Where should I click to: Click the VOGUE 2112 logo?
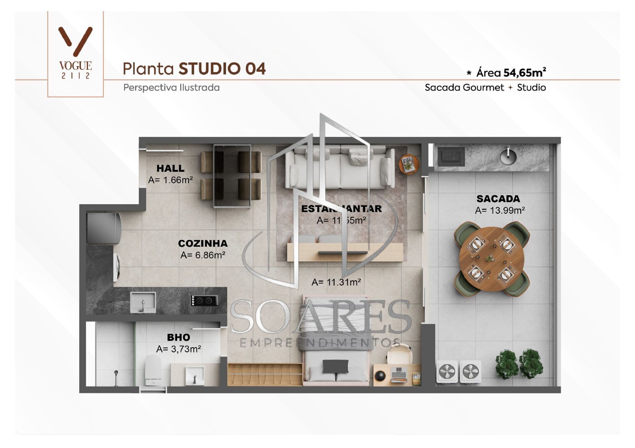(x=75, y=53)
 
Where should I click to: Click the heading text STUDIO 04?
(x=222, y=69)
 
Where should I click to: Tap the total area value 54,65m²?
(x=524, y=72)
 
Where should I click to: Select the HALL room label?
(x=170, y=168)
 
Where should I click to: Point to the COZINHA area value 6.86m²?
(x=203, y=255)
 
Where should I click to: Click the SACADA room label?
(x=498, y=199)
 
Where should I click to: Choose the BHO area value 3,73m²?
(x=179, y=349)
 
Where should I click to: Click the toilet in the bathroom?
(x=153, y=370)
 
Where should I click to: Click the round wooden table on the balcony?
(x=491, y=259)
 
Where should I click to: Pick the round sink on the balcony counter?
(x=508, y=156)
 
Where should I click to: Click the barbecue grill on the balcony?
(x=451, y=156)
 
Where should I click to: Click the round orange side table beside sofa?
(x=409, y=164)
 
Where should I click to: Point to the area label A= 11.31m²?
(x=336, y=282)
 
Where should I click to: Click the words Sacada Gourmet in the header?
(x=464, y=87)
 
